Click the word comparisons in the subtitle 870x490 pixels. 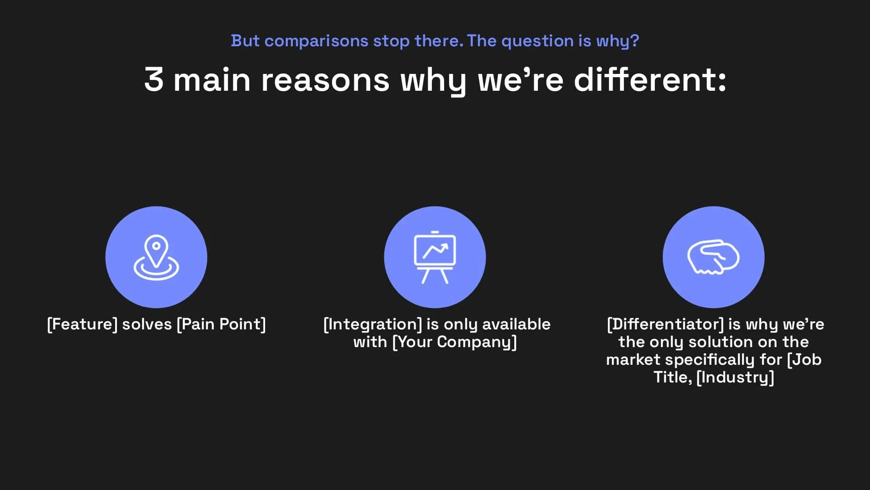(x=316, y=41)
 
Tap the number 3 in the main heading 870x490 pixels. (x=154, y=80)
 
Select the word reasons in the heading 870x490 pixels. (x=325, y=80)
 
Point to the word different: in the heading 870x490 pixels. (x=650, y=80)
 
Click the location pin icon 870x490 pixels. (x=156, y=257)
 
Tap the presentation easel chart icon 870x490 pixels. (x=435, y=257)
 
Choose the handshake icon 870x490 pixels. (x=713, y=257)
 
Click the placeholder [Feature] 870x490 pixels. (x=82, y=324)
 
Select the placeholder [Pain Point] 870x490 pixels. (x=221, y=324)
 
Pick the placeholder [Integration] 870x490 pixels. (x=372, y=324)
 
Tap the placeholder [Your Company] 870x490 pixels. (x=454, y=342)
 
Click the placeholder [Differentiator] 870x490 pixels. (x=665, y=324)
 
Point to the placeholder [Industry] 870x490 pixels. (x=735, y=377)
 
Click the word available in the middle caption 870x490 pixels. (x=516, y=324)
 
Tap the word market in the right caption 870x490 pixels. (x=633, y=360)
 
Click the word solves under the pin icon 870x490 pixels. (x=147, y=324)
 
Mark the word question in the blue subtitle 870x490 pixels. (x=537, y=41)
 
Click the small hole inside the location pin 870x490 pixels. (x=156, y=246)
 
